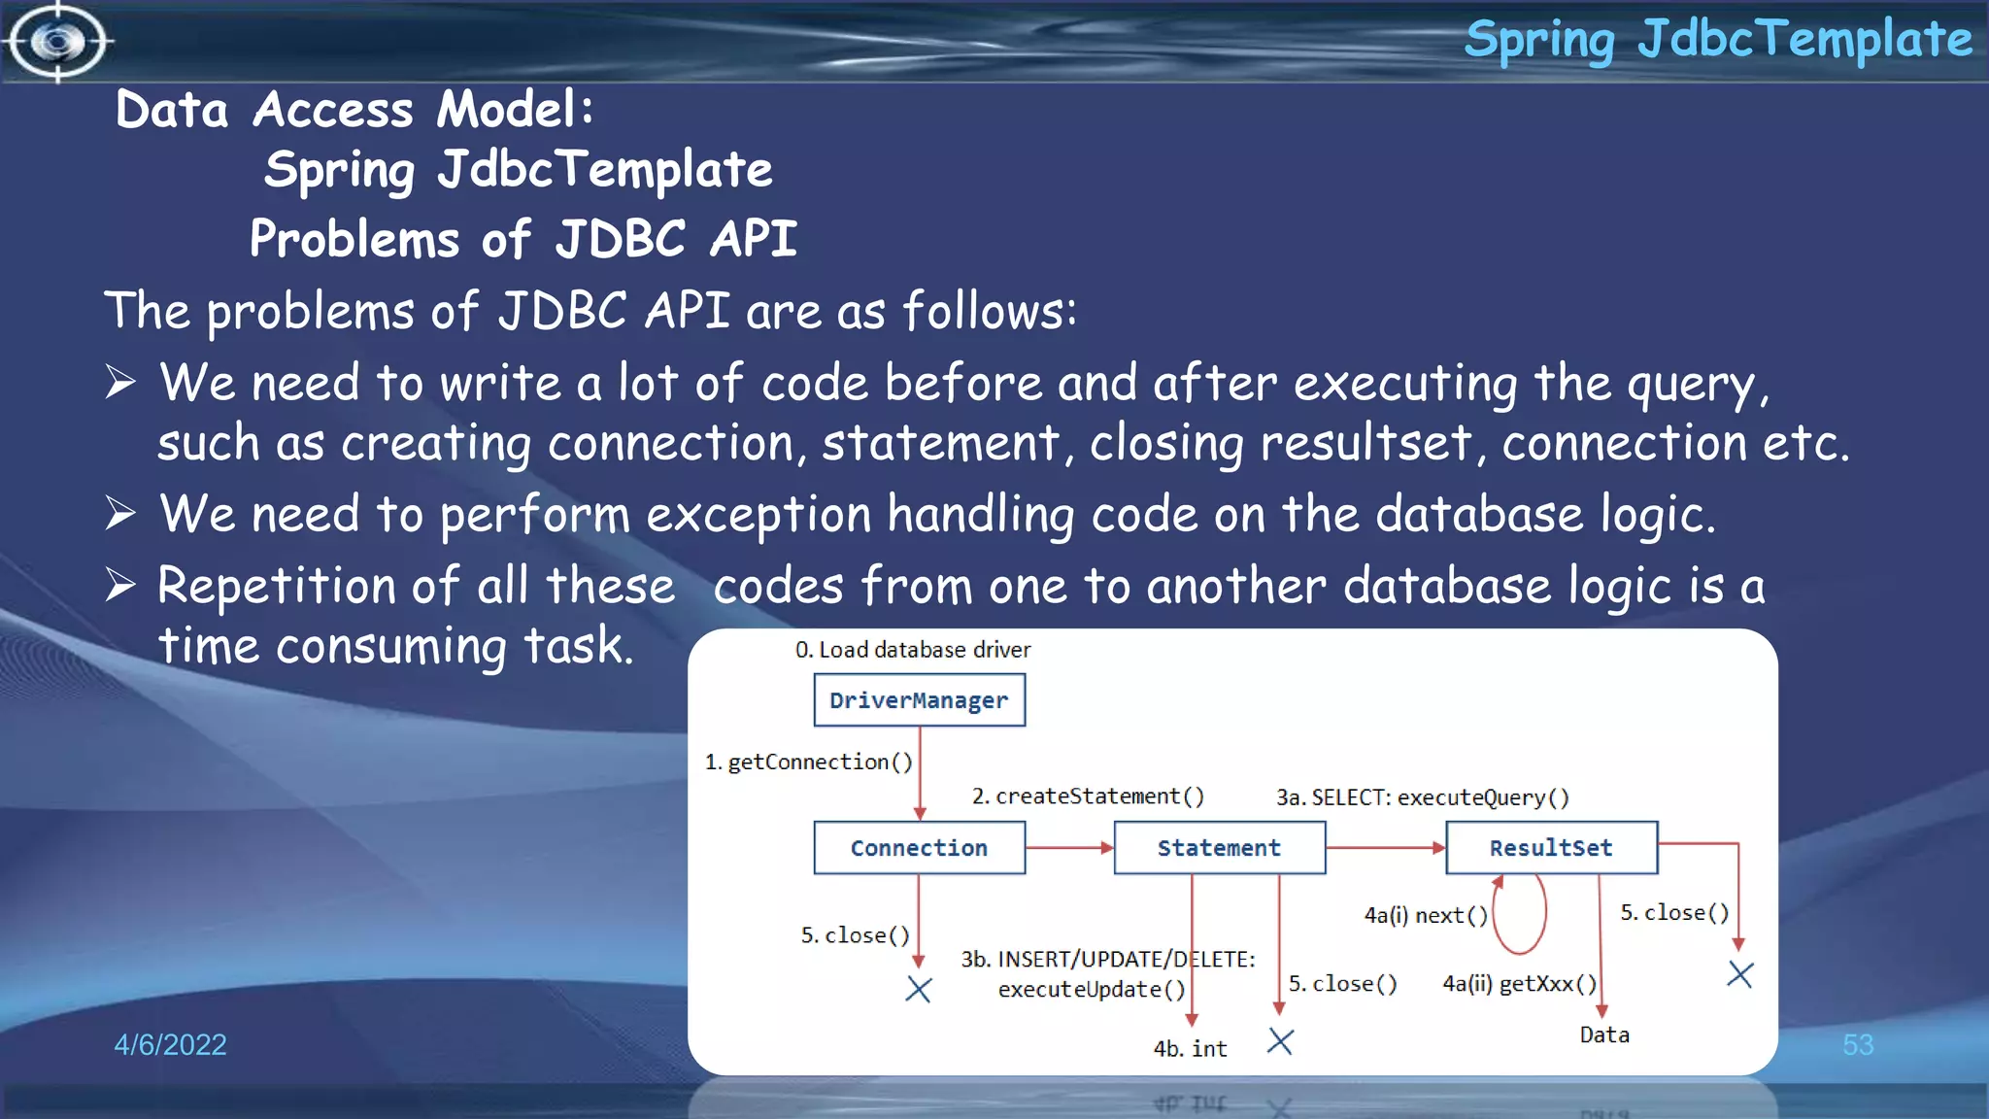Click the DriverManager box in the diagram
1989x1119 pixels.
click(x=919, y=700)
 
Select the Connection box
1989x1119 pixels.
click(x=919, y=848)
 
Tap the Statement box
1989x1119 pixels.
click(x=1219, y=848)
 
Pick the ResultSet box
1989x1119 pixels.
click(x=1551, y=848)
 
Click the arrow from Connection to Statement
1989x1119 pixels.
click(x=1069, y=848)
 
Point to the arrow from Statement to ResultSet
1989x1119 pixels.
click(x=1385, y=848)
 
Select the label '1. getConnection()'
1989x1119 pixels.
click(x=809, y=763)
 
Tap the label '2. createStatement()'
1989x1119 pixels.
click(x=1088, y=797)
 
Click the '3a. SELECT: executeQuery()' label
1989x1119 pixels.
click(x=1422, y=797)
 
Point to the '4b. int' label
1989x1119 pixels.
click(x=1190, y=1049)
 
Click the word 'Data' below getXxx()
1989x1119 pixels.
click(x=1604, y=1035)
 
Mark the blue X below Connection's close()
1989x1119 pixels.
click(x=918, y=990)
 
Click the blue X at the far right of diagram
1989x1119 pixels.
click(x=1739, y=974)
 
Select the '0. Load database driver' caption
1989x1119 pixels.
click(x=912, y=650)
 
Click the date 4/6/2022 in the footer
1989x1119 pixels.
click(x=170, y=1045)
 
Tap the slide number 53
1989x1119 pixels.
click(x=1857, y=1045)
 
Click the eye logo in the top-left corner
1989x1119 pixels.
click(x=57, y=42)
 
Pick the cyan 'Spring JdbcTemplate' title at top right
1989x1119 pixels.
click(x=1717, y=40)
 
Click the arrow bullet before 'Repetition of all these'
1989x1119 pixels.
click(x=120, y=585)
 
